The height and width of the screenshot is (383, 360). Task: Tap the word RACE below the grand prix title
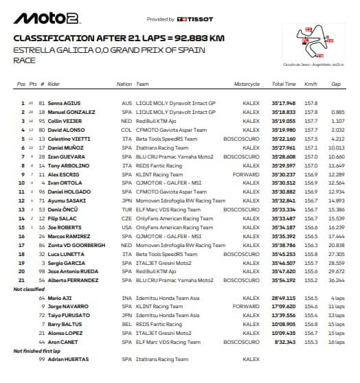coord(24,60)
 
